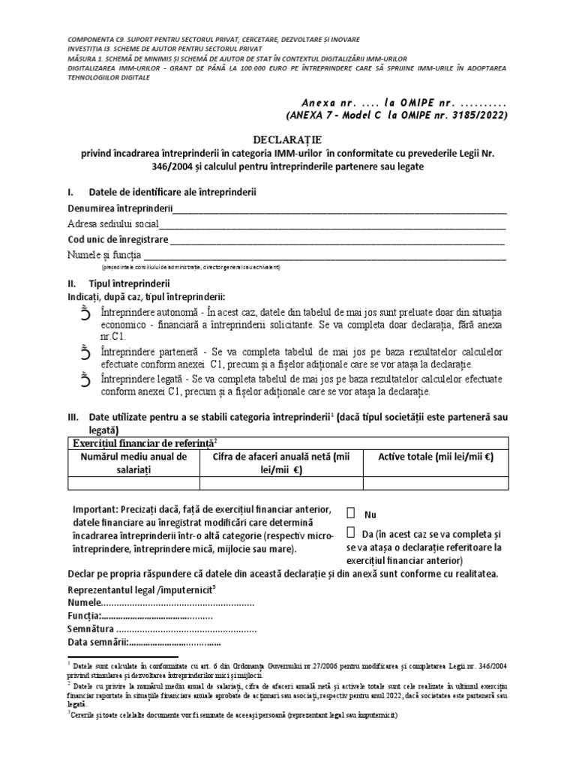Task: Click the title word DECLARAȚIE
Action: [x=289, y=139]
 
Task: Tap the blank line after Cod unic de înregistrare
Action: [x=337, y=241]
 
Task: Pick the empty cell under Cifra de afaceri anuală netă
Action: [x=281, y=482]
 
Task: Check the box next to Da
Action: [x=351, y=532]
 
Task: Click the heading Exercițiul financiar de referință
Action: [x=142, y=442]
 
